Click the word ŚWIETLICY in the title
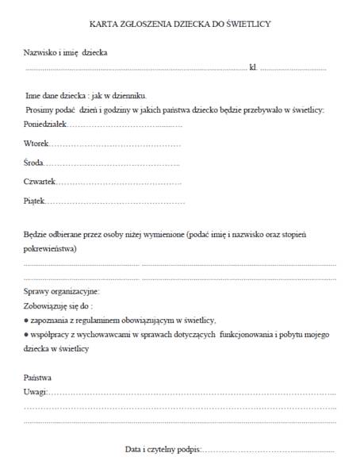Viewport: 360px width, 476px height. (x=247, y=24)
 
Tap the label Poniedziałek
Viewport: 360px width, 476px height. (x=46, y=125)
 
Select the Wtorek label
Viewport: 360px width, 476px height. (x=36, y=144)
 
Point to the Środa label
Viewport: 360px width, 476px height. (x=35, y=163)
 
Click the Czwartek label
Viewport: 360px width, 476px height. (x=40, y=182)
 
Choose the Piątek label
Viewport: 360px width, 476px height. (x=35, y=202)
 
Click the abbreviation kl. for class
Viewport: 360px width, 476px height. (x=253, y=68)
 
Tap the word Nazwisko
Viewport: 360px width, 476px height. (x=40, y=52)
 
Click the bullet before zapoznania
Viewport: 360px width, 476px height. (x=26, y=320)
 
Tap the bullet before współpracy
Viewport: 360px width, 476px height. (x=26, y=335)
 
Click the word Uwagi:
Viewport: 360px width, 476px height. (x=36, y=392)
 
